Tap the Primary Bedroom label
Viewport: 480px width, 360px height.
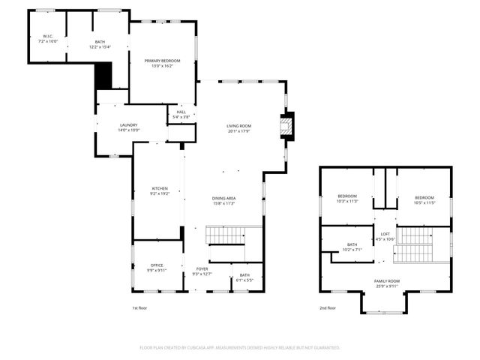pyautogui.click(x=163, y=62)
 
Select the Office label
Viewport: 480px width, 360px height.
pyautogui.click(x=156, y=266)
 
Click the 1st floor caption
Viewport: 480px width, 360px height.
pyautogui.click(x=139, y=307)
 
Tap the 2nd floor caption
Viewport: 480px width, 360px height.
pyautogui.click(x=327, y=307)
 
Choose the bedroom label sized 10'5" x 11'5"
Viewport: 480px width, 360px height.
pyautogui.click(x=424, y=199)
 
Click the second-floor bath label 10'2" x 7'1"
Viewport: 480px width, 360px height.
pyautogui.click(x=352, y=247)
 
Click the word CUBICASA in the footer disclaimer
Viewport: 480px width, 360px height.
pyautogui.click(x=202, y=348)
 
